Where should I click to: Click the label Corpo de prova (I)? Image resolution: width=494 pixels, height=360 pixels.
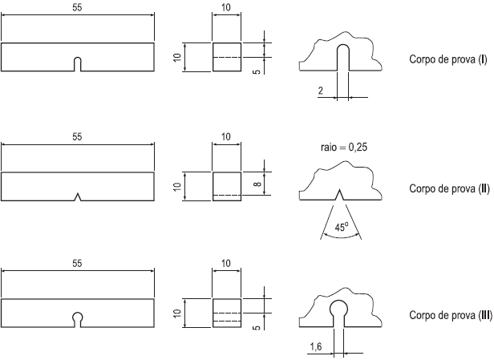click(448, 61)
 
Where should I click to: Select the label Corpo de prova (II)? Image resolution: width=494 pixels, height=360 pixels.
click(449, 189)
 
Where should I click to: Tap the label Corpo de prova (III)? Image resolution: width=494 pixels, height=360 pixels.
click(451, 315)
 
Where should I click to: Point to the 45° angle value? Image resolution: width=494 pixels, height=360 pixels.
click(340, 227)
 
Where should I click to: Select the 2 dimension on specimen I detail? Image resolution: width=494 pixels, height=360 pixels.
click(321, 92)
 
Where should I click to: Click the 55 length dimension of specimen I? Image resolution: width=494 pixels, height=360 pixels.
click(77, 7)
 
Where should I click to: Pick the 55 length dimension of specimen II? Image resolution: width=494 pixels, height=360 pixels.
click(77, 137)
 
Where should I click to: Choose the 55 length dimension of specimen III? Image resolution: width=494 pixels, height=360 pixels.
click(77, 264)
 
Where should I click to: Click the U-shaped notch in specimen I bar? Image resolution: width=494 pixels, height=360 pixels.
click(78, 64)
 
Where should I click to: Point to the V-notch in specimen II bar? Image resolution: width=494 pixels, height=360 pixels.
click(78, 196)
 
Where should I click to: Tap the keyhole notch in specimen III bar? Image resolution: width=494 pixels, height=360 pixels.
click(78, 318)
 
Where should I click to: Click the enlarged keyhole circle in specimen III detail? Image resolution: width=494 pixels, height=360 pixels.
click(339, 307)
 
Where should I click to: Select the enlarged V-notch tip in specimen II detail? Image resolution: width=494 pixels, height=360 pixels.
click(340, 192)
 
